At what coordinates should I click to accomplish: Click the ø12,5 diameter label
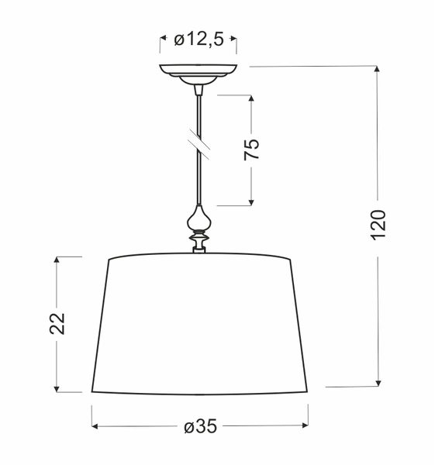pos(199,39)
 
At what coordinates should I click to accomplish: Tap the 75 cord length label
pos(251,150)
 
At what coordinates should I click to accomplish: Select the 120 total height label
pos(378,224)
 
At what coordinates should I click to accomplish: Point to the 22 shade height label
pos(57,323)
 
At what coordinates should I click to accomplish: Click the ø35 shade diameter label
pos(199,426)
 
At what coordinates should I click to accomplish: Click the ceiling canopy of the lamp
pos(199,72)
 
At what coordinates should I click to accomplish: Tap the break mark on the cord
pos(199,143)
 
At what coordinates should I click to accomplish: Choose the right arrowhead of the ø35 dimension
pos(306,426)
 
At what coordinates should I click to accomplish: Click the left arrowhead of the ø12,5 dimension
pos(164,39)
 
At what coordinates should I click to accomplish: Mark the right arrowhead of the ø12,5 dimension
pos(233,39)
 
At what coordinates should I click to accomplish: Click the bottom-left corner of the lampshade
pos(92,392)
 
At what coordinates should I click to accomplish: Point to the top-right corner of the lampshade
pos(291,259)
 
